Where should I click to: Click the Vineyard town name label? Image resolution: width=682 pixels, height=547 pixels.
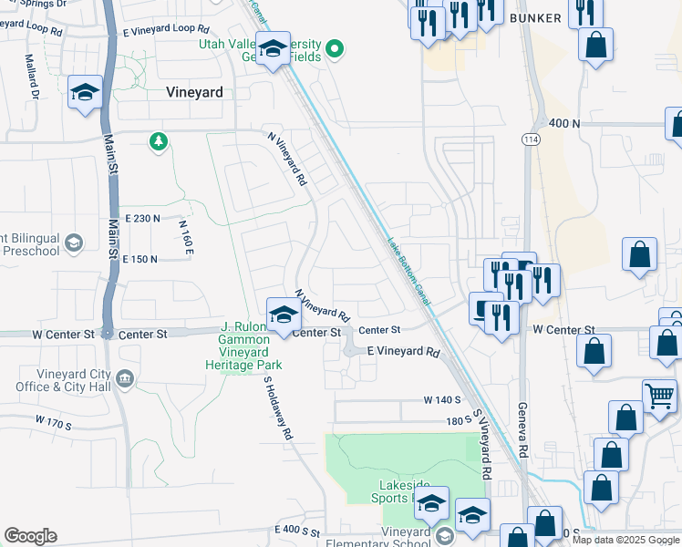coord(195,91)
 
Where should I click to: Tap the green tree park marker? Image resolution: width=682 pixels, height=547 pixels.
coord(160,141)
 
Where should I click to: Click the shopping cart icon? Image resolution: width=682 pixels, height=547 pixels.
coord(658,397)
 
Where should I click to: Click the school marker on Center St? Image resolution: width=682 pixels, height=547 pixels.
coord(284,316)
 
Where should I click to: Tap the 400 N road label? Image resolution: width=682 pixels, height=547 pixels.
coord(564,123)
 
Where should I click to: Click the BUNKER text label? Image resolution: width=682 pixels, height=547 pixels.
coord(536,17)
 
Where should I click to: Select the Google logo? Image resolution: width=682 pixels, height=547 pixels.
coord(30,536)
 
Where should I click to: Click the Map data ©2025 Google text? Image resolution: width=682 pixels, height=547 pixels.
coord(626,540)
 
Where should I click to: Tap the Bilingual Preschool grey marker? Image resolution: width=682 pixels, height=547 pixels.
coord(74,243)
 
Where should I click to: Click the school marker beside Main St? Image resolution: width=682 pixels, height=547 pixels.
coord(85,93)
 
